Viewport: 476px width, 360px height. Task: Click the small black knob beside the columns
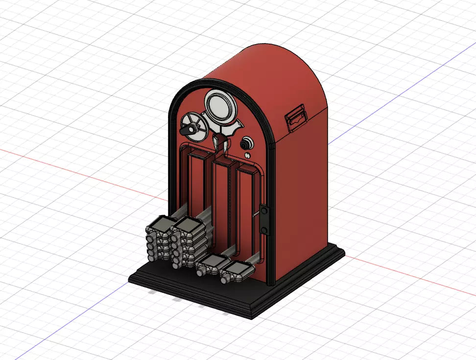click(246, 144)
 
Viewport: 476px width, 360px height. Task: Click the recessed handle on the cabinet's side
click(297, 118)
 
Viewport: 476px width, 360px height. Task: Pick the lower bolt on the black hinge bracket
click(264, 229)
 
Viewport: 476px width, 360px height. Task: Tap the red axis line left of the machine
click(73, 169)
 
